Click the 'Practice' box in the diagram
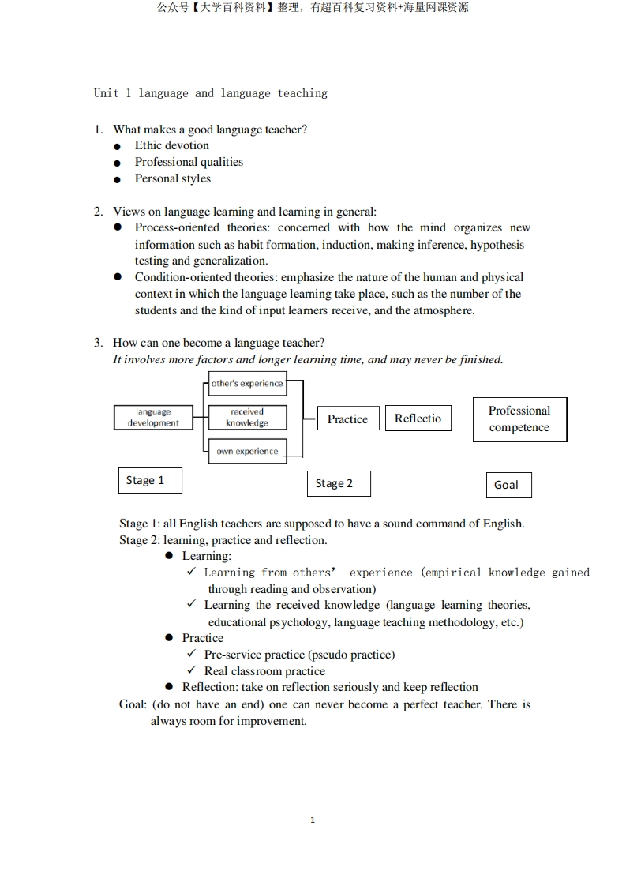click(347, 419)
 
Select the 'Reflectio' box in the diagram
click(418, 419)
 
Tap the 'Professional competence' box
click(519, 419)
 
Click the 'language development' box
click(153, 417)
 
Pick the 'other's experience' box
click(246, 384)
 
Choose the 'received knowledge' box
click(246, 417)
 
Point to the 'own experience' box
click(247, 452)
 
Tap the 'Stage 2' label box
click(338, 483)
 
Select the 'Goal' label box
click(508, 485)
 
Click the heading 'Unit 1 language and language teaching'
click(210, 93)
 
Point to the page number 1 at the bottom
click(313, 820)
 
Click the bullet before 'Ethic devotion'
click(118, 146)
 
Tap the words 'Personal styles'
click(173, 178)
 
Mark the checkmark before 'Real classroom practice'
click(191, 670)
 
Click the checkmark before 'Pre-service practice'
click(191, 654)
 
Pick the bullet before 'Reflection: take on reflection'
click(169, 687)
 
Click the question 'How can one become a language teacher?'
click(219, 343)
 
